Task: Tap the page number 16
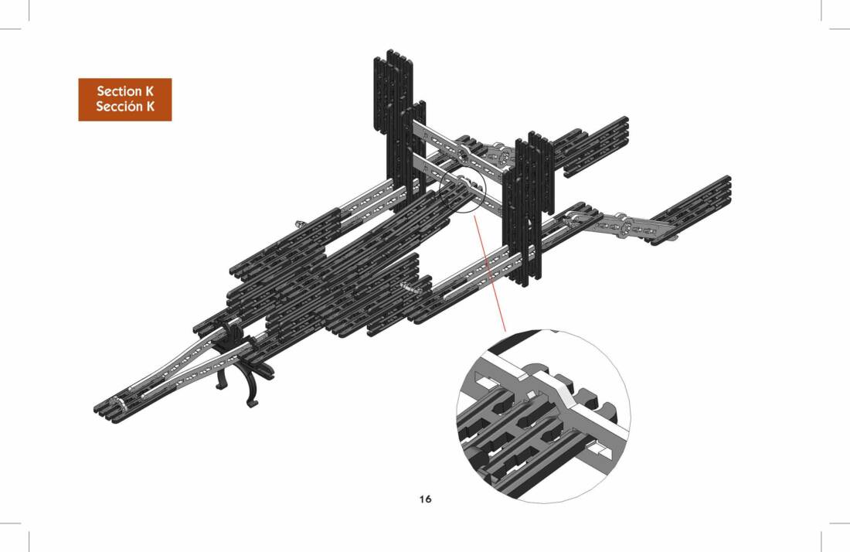(x=425, y=499)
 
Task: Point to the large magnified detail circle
(x=544, y=416)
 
